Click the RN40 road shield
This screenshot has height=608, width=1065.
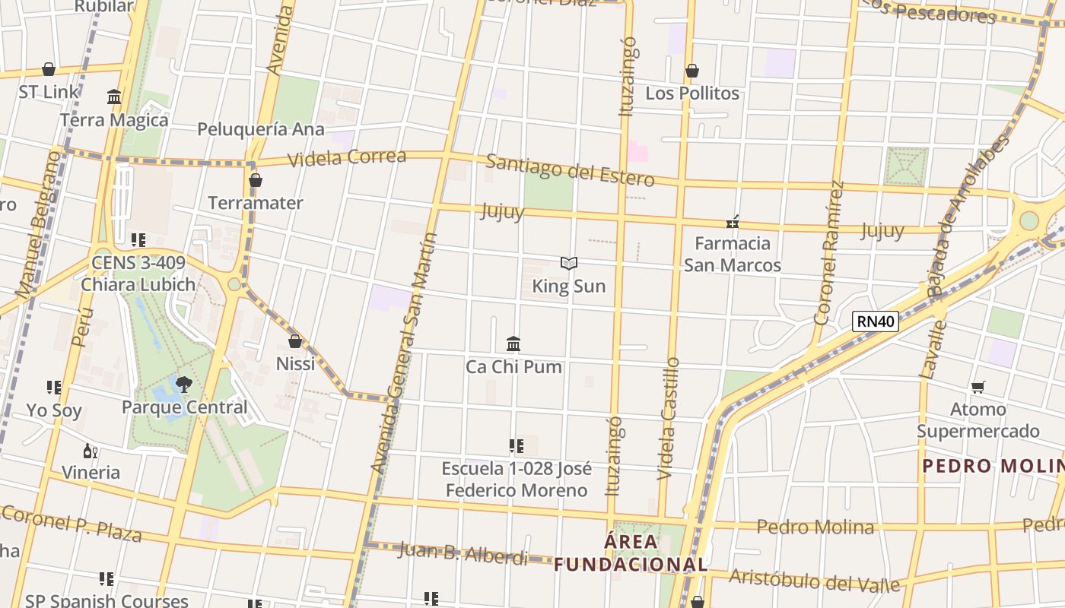pos(876,321)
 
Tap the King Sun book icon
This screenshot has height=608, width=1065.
pos(569,264)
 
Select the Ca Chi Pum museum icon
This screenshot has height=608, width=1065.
pos(513,344)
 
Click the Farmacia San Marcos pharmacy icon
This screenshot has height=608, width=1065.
pos(733,222)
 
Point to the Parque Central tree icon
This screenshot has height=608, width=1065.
pos(183,385)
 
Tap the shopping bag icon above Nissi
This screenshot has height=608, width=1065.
pos(295,341)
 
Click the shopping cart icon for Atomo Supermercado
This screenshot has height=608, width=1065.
pos(978,388)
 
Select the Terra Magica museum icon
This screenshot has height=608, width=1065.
pos(114,97)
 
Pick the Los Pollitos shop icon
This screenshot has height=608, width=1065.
pos(692,71)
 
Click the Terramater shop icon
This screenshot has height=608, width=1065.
pos(256,180)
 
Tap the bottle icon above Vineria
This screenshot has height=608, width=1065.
pos(90,451)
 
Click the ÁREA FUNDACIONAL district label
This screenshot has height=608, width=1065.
pos(631,553)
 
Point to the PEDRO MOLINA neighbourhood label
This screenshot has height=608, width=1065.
pos(993,466)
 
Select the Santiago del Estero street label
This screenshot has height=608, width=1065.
pos(570,170)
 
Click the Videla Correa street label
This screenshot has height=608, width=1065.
pos(347,158)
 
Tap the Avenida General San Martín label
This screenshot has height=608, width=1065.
pos(404,353)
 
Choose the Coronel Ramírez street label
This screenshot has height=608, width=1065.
pos(829,252)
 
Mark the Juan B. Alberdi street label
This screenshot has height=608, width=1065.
pos(463,553)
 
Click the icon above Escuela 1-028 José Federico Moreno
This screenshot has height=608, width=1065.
pos(517,446)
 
